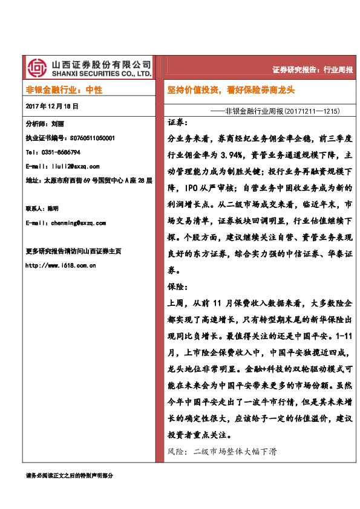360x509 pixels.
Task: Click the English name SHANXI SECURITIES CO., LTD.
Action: [101, 74]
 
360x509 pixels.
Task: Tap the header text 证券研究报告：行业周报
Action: [312, 70]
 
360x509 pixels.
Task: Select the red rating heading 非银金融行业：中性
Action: [64, 89]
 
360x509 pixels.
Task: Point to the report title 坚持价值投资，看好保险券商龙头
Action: [231, 89]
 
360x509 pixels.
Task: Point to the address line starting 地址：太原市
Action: [89, 180]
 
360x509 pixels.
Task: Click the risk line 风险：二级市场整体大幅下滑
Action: [221, 452]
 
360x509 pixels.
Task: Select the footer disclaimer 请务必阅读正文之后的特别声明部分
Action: [70, 476]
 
